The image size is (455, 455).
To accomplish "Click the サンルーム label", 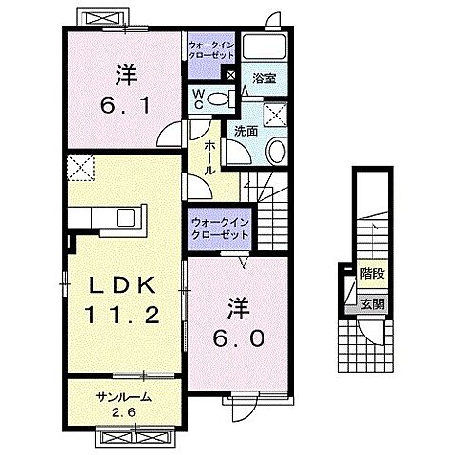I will tap(123, 397).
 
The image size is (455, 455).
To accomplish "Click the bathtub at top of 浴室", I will tap(264, 47).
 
